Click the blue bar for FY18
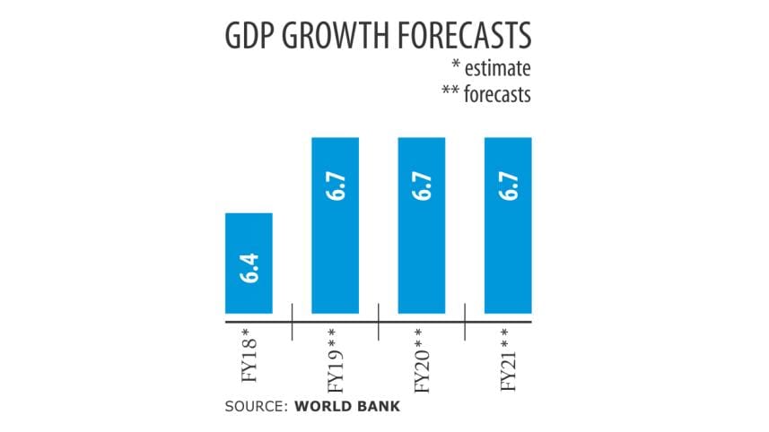point(249,263)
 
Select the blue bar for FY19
point(336,225)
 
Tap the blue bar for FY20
point(422,225)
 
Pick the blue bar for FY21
point(509,225)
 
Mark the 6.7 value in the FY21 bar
point(510,191)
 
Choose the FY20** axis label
point(423,359)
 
